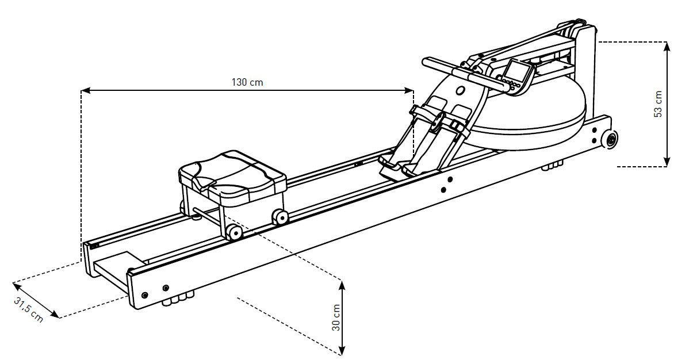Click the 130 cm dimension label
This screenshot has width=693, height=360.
(x=247, y=82)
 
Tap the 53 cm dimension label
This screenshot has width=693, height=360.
(x=658, y=104)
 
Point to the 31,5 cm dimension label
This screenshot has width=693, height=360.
(x=29, y=309)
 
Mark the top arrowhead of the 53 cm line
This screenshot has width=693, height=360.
(x=666, y=45)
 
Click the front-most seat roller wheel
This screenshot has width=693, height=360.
(x=234, y=232)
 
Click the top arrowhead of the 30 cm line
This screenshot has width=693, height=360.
(x=343, y=284)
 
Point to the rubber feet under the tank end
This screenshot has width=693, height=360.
(x=553, y=167)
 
